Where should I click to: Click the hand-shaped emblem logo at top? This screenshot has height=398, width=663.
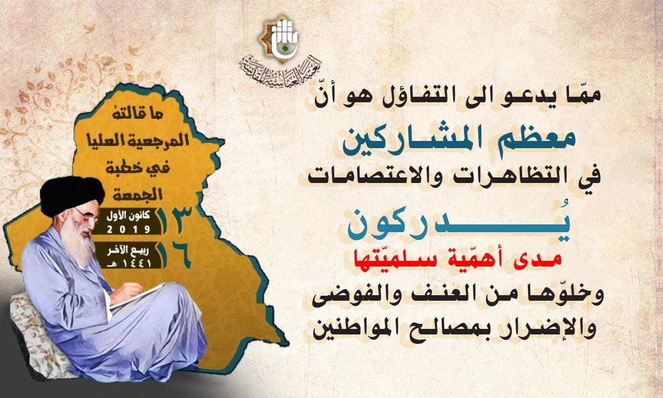pyautogui.click(x=279, y=38)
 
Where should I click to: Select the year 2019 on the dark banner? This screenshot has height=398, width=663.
pyautogui.click(x=128, y=229)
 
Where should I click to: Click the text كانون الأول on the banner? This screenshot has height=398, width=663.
pyautogui.click(x=128, y=216)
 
